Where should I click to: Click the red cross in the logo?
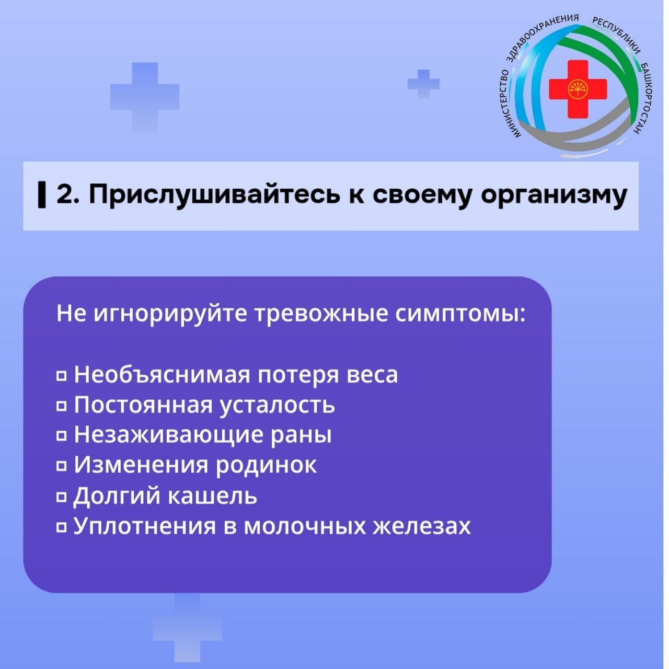[578, 88]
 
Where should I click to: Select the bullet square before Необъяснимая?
[62, 375]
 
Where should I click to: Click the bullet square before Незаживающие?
[62, 435]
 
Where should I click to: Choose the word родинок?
[266, 465]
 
